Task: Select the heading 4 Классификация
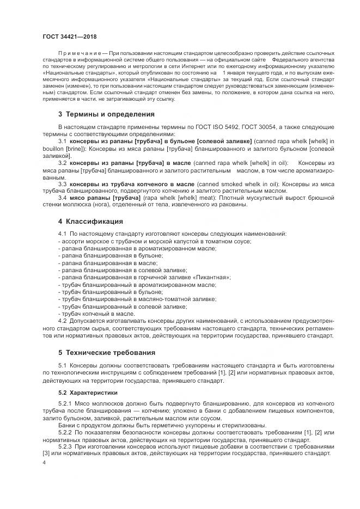click(91, 222)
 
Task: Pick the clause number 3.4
click(62, 198)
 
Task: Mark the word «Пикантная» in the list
click(212, 277)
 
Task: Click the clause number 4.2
click(62, 321)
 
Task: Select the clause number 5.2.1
click(65, 402)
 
